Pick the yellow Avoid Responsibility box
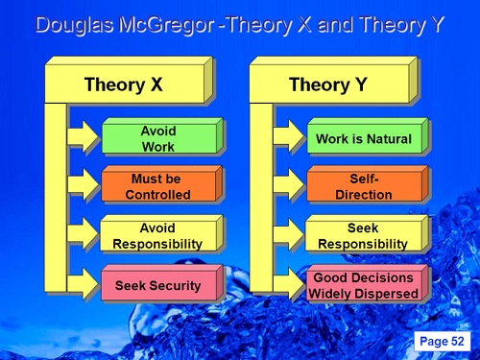[x=157, y=236]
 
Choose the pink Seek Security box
[x=157, y=285]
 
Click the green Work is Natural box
[x=363, y=139]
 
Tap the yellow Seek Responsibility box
[x=363, y=236]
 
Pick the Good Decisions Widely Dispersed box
[x=363, y=285]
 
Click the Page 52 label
[x=442, y=341]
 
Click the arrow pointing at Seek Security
[x=84, y=286]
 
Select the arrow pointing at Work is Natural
[x=289, y=140]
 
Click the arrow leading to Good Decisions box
[x=289, y=286]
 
